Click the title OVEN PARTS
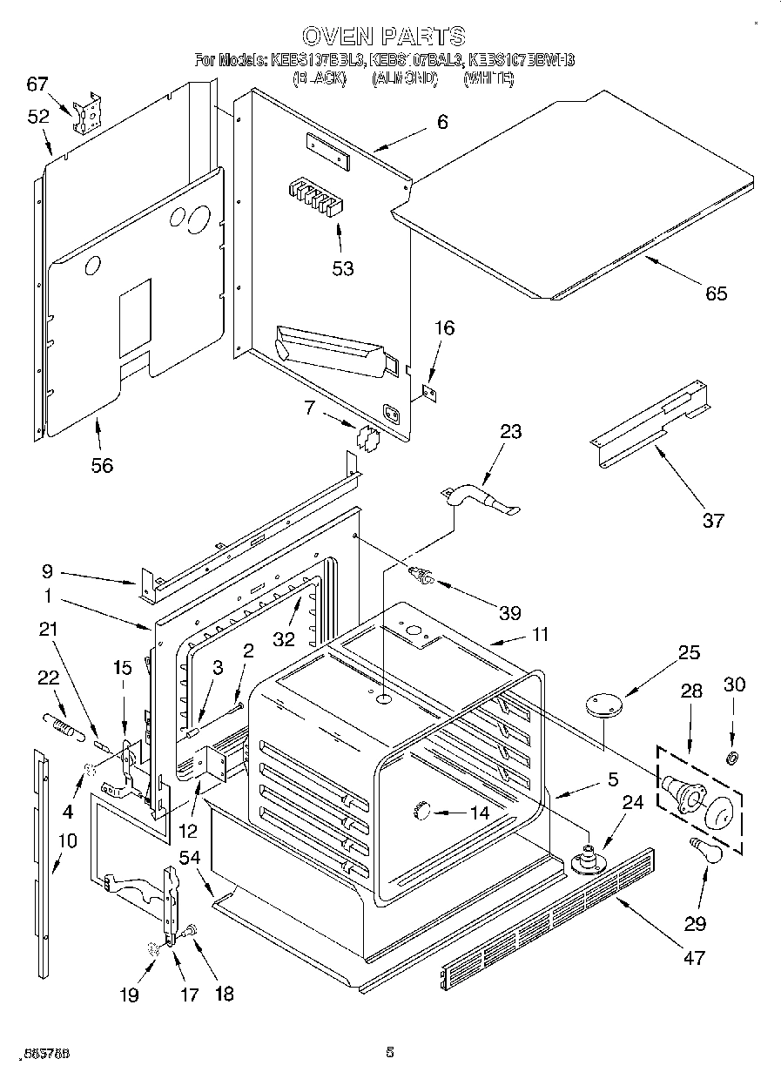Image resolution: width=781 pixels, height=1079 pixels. [383, 36]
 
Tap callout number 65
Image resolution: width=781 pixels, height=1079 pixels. [716, 293]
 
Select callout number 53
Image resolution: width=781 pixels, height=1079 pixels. [343, 268]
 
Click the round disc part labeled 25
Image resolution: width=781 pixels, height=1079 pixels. [600, 703]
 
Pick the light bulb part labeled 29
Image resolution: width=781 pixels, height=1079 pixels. [705, 850]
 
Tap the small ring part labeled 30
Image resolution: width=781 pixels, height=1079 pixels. [733, 756]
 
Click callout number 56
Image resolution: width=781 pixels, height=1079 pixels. [102, 465]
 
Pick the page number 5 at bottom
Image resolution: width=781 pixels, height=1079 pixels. [390, 1053]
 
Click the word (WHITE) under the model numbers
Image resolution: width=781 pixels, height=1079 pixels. [488, 78]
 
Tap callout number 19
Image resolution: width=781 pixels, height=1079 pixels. [129, 995]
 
